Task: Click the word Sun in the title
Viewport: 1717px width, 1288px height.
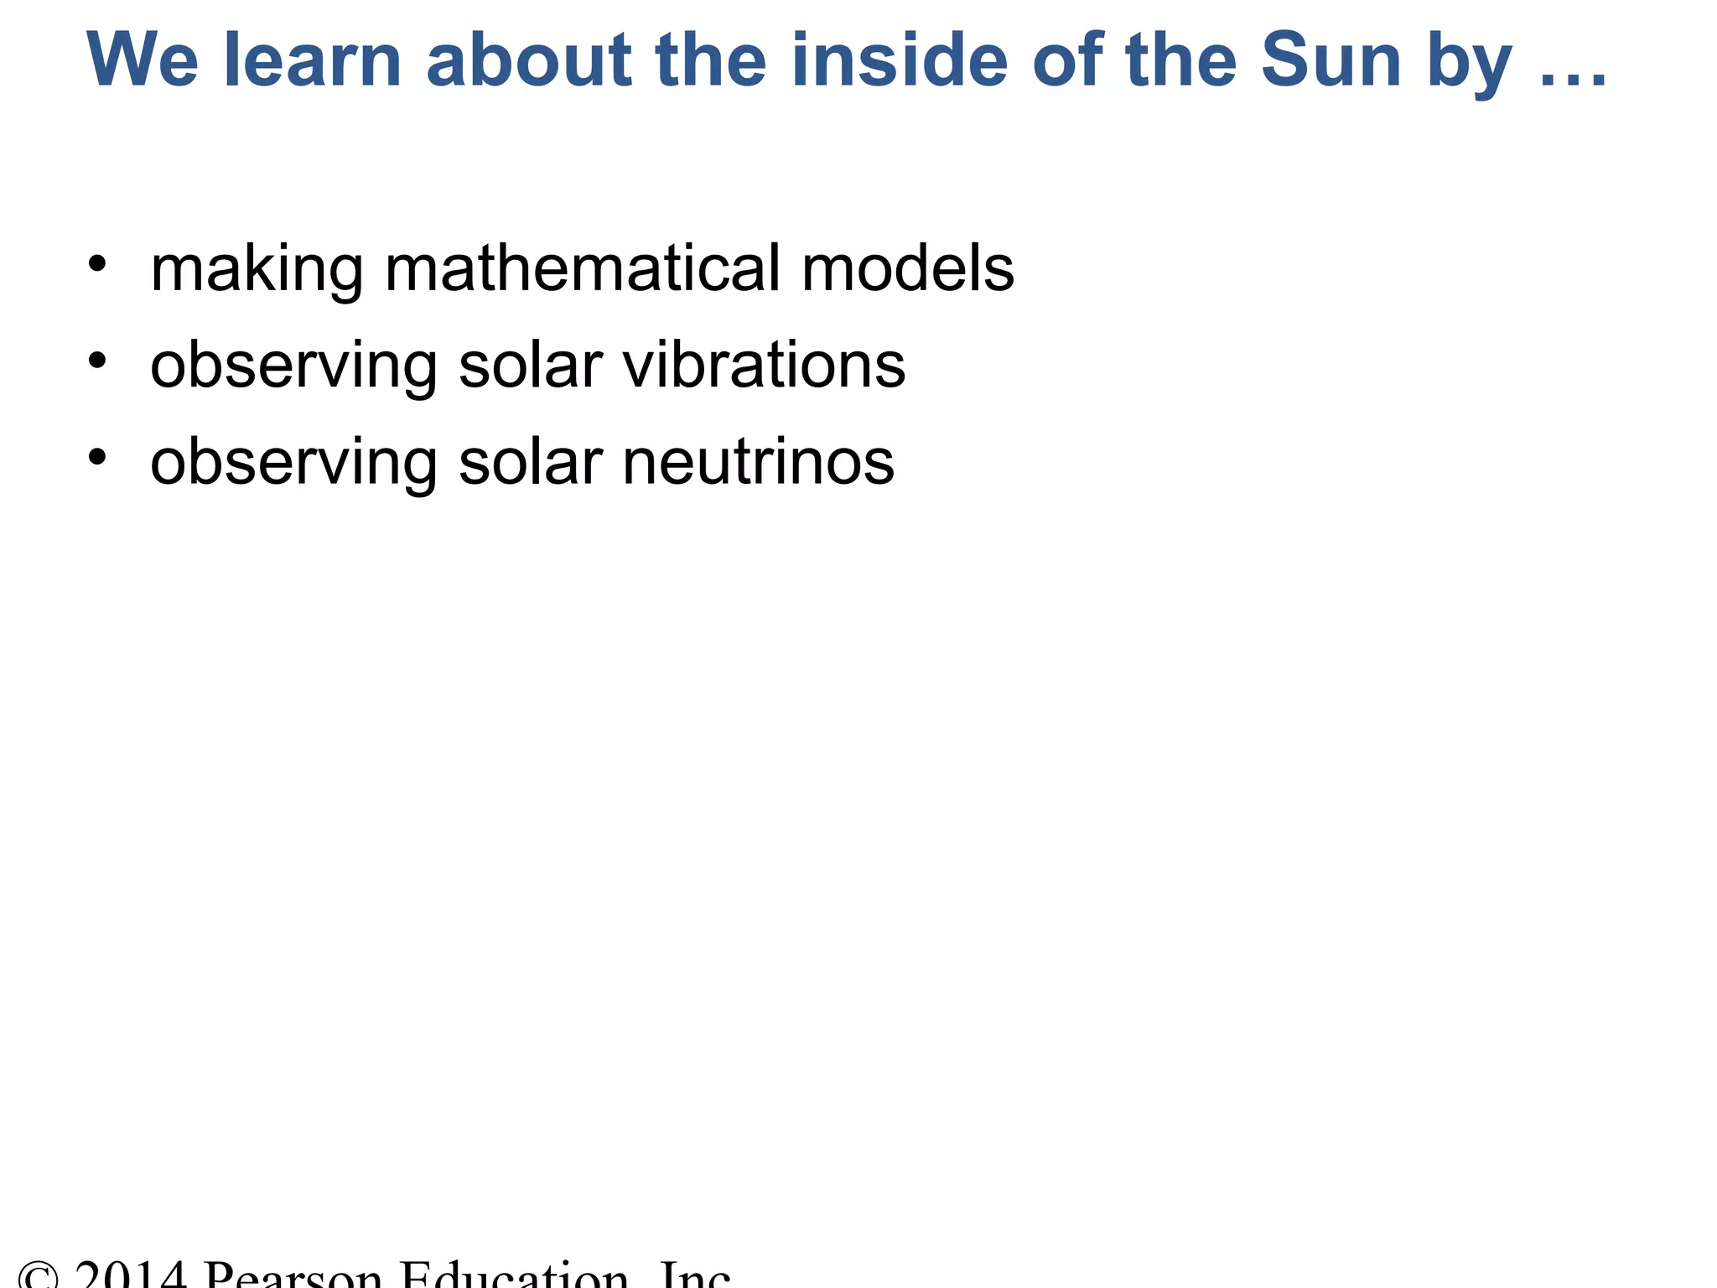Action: tap(1331, 60)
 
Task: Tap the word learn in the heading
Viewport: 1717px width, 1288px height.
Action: tap(313, 60)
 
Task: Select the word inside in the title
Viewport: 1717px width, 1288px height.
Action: tap(899, 60)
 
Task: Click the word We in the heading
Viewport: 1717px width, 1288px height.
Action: tap(143, 60)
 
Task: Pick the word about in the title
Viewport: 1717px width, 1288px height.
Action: tap(529, 60)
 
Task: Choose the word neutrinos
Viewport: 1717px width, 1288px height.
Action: tap(758, 463)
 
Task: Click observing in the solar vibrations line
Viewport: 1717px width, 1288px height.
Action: tap(293, 366)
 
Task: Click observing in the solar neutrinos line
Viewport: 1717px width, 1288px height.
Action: tap(293, 464)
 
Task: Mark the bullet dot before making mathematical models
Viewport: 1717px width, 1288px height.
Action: tap(98, 263)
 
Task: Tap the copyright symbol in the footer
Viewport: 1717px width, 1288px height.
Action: tap(39, 1276)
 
